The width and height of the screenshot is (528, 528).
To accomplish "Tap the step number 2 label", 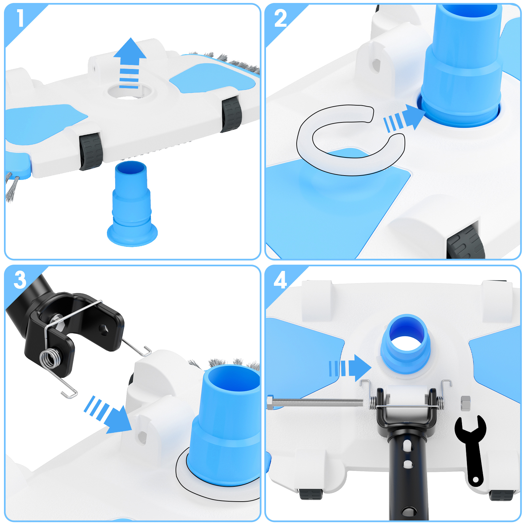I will (280, 18).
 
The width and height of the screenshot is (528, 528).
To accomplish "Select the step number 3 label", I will (20, 280).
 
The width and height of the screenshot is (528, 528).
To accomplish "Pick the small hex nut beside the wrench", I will (465, 403).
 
